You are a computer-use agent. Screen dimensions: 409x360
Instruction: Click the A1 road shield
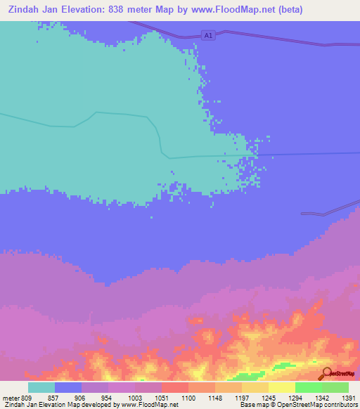207,34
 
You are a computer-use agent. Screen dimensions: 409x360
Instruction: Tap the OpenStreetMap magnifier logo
326,375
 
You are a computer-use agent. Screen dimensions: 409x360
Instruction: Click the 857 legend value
53,397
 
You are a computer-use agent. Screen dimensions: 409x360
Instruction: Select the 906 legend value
81,397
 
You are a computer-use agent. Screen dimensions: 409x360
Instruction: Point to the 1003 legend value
134,397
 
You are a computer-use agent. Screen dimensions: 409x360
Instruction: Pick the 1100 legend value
188,397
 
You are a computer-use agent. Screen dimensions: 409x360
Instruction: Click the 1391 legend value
347,397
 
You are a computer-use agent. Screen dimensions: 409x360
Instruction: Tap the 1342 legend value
321,397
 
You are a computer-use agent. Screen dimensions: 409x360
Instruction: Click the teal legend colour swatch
41,387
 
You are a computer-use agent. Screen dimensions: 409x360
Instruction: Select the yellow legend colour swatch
282,387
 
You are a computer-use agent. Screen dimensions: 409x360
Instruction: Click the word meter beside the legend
12,397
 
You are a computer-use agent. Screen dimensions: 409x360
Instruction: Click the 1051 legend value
161,397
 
